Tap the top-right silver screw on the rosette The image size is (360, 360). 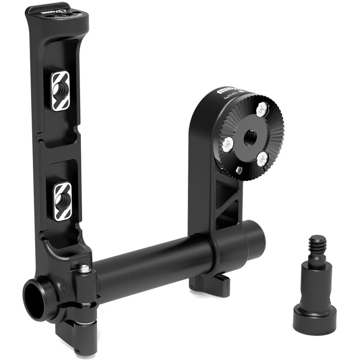pyautogui.click(x=261, y=108)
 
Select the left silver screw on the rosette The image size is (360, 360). pyautogui.click(x=228, y=144)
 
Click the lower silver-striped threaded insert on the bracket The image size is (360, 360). pyautogui.click(x=63, y=201)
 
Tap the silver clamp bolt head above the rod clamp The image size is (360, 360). pyautogui.click(x=85, y=269)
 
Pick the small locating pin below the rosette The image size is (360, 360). pyautogui.click(x=239, y=170)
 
